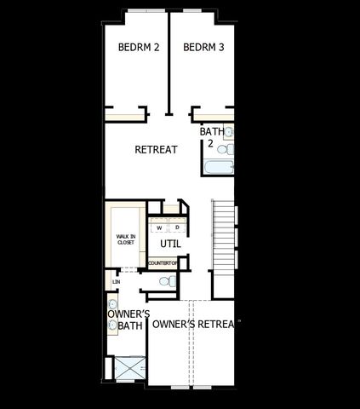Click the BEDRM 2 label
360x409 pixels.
point(138,49)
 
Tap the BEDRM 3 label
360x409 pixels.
point(203,49)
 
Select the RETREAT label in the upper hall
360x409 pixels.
point(156,150)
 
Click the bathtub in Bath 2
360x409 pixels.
point(218,166)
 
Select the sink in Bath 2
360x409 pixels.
point(229,132)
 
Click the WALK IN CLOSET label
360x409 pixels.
point(126,239)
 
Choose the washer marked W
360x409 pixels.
point(158,228)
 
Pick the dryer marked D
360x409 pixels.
point(177,228)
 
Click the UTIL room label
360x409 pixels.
point(170,244)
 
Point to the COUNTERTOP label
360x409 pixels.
point(163,263)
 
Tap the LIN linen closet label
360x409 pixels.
point(115,281)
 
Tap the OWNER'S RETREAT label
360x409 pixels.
point(192,324)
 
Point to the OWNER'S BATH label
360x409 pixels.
point(129,320)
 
